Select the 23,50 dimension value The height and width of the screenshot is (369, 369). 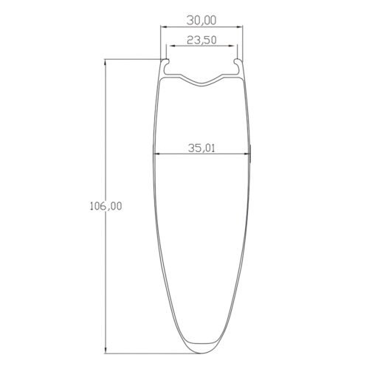tap(202, 41)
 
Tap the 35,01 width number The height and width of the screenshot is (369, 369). tap(201, 148)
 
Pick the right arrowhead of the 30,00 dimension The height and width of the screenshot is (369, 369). tap(241, 28)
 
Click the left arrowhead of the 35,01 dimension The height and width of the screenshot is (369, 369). tap(156, 154)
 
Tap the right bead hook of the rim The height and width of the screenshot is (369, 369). tap(236, 67)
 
